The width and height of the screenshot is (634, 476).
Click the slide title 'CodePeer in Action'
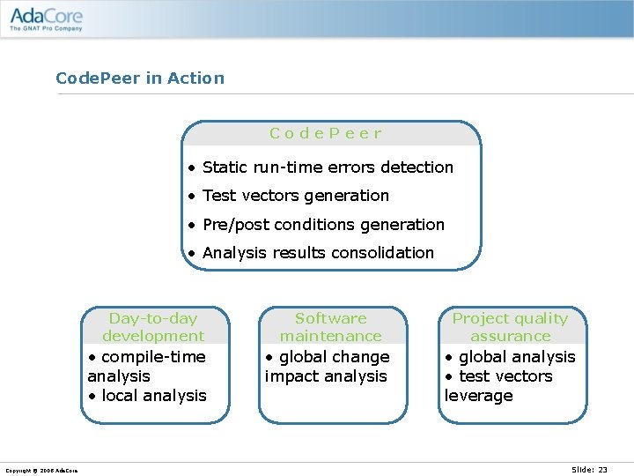140,78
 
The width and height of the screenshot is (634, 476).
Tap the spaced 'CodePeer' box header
326,134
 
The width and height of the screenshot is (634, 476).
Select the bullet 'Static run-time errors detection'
327,167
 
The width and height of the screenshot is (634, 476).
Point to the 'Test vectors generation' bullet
295,196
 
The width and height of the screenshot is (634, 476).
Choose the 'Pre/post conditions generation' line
323,225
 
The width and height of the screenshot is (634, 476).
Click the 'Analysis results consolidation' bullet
317,253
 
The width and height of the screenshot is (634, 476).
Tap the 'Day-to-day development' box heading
153,327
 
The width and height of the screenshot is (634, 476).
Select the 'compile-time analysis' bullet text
146,367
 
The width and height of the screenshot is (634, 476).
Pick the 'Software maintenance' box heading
331,327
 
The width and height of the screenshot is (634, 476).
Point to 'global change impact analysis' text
327,367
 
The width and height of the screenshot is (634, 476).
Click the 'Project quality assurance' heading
510,327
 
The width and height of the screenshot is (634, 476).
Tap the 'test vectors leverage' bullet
499,386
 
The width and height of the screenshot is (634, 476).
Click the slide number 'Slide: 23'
589,469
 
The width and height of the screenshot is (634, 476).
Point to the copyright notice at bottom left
41,470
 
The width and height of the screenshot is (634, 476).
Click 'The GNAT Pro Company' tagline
46,28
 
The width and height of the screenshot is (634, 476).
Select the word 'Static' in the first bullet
223,167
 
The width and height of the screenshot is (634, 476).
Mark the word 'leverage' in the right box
479,396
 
